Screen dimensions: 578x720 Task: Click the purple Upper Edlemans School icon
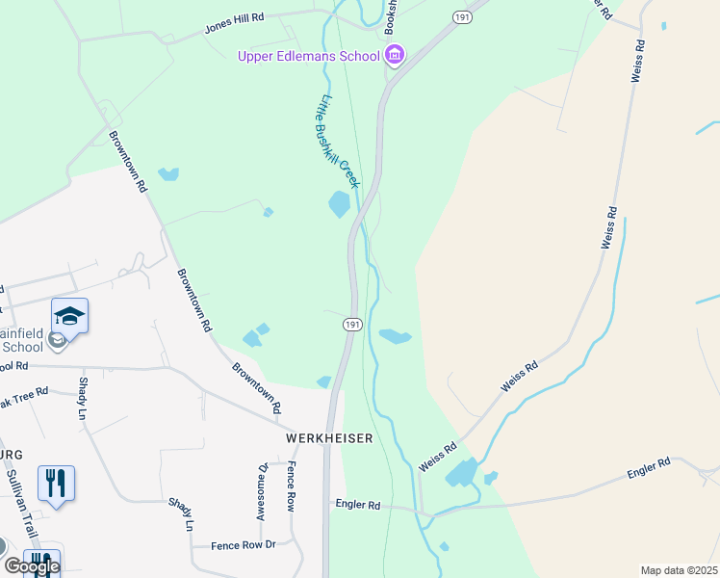(395, 56)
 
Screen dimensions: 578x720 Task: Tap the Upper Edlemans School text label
(309, 56)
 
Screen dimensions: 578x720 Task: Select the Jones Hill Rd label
(234, 24)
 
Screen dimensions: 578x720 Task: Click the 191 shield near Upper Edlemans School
(462, 16)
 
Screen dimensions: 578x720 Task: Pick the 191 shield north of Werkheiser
(351, 326)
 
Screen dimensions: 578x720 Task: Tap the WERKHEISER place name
(328, 437)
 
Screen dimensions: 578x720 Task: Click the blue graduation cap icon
(69, 315)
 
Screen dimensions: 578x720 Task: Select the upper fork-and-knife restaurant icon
(56, 482)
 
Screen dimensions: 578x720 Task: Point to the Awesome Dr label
(261, 491)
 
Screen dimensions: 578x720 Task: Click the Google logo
(32, 565)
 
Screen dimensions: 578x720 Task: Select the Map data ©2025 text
(679, 570)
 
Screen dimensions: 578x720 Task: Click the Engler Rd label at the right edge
(648, 469)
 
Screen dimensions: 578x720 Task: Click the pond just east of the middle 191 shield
(395, 336)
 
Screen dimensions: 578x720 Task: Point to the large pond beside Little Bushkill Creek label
(339, 204)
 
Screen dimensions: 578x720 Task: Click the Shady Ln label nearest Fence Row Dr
(181, 514)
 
